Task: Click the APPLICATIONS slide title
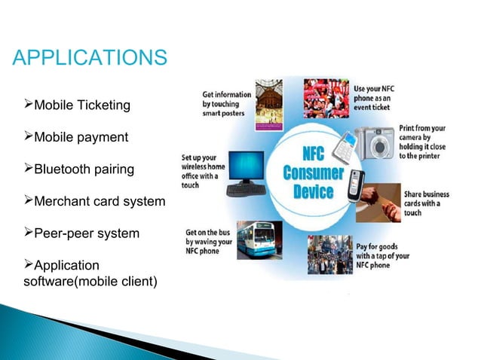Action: click(x=90, y=57)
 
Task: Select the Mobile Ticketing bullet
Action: click(x=78, y=105)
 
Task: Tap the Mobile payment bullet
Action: click(x=76, y=138)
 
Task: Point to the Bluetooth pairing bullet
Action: click(x=79, y=169)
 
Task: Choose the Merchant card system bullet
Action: click(x=94, y=202)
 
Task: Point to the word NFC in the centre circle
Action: click(x=312, y=154)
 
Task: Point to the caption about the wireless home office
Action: click(x=203, y=171)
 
